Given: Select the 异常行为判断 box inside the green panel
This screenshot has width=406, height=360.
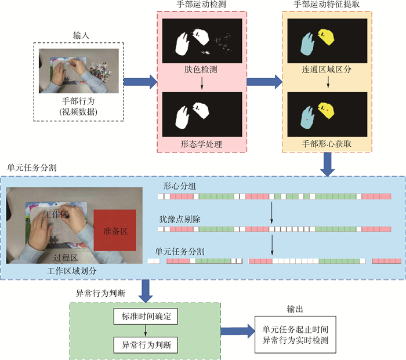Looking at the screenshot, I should pos(144,346).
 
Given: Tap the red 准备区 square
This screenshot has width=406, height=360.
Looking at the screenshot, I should pos(115,230).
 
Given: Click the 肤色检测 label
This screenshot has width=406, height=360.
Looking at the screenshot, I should pos(201,69).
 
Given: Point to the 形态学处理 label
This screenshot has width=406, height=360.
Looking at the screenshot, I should pos(201,143).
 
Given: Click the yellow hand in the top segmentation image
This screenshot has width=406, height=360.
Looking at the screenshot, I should pos(326,39).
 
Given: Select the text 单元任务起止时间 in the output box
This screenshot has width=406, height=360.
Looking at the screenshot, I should pos(294,328).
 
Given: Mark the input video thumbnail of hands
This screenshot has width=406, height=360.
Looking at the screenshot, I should pos(79,71).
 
